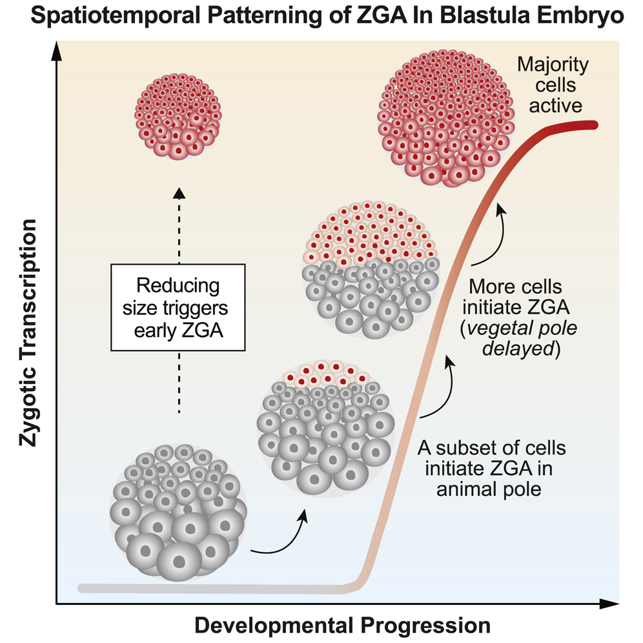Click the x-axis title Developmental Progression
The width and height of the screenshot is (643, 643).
[x=342, y=625]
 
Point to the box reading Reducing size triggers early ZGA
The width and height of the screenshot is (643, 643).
[x=178, y=307]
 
